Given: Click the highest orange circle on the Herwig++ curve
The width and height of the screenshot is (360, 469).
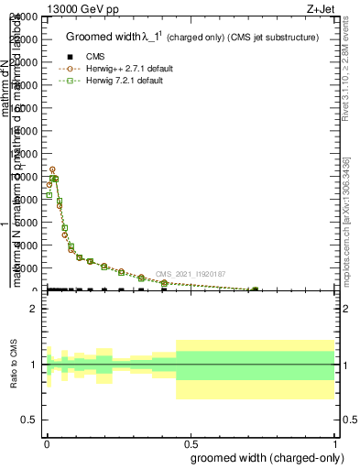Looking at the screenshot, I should point(52,169).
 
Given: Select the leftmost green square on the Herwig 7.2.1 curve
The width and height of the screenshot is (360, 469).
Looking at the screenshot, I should point(49,194).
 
